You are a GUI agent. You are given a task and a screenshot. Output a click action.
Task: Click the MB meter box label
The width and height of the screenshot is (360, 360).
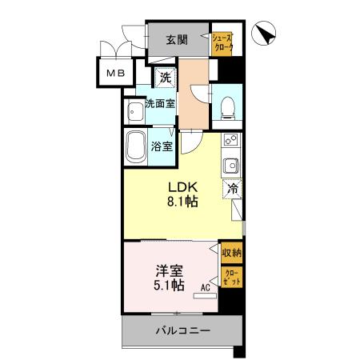[x=111, y=74]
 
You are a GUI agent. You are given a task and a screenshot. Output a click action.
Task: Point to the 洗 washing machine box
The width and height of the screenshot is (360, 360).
[x=165, y=78]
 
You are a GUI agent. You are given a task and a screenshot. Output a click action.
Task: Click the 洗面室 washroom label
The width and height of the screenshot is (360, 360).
[x=159, y=103]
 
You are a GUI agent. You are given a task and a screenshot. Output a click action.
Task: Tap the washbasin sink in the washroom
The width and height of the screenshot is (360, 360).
[x=132, y=110]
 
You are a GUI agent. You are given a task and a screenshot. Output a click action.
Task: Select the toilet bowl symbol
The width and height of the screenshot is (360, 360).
[x=226, y=104]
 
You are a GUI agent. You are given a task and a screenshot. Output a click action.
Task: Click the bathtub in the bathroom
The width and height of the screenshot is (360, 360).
[x=136, y=147]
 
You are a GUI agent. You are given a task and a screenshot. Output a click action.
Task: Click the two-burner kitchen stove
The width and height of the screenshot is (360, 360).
[x=231, y=142]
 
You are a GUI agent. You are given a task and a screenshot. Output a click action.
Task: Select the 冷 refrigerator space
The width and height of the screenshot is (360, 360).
[x=232, y=190]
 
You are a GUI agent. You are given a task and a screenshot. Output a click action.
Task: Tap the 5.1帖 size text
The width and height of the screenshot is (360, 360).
[x=167, y=285]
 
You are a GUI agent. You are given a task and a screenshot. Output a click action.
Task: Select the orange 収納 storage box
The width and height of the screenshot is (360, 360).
[x=232, y=252]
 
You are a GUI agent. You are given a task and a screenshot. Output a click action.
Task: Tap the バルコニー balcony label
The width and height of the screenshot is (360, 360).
[x=182, y=330]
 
